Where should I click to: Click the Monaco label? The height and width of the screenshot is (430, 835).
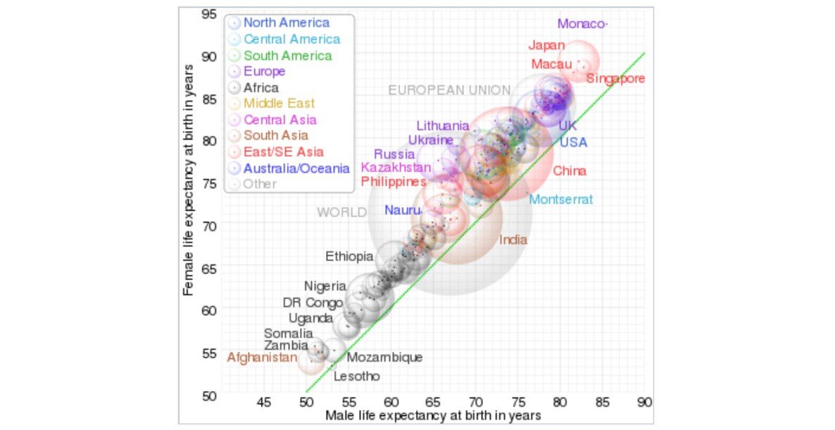(x=581, y=24)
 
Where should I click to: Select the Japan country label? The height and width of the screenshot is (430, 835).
(x=546, y=46)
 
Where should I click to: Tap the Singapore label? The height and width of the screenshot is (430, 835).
(x=615, y=78)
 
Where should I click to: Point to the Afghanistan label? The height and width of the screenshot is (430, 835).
(x=262, y=358)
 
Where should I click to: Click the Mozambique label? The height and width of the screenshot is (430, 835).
(x=385, y=358)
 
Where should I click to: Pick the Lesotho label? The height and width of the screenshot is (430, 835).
(x=356, y=376)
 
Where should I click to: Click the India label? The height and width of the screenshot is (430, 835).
(x=513, y=240)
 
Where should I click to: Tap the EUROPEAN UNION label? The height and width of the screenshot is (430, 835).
(x=449, y=90)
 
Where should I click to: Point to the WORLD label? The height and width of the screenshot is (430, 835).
(x=341, y=212)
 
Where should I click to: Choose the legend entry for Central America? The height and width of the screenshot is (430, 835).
(x=291, y=39)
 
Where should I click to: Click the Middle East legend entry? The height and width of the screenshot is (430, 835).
(x=279, y=104)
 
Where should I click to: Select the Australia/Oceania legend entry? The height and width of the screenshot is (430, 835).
(x=296, y=168)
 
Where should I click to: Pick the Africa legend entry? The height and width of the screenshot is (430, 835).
(x=260, y=88)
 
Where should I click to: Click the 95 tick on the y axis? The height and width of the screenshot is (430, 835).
(x=208, y=14)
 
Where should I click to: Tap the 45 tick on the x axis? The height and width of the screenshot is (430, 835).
(x=264, y=403)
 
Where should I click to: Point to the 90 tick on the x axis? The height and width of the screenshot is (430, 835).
(x=643, y=403)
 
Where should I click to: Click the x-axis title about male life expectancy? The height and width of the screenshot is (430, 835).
(x=433, y=416)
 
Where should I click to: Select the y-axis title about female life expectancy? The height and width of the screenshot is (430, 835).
(x=188, y=178)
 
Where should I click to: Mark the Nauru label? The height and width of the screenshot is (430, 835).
(x=403, y=211)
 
